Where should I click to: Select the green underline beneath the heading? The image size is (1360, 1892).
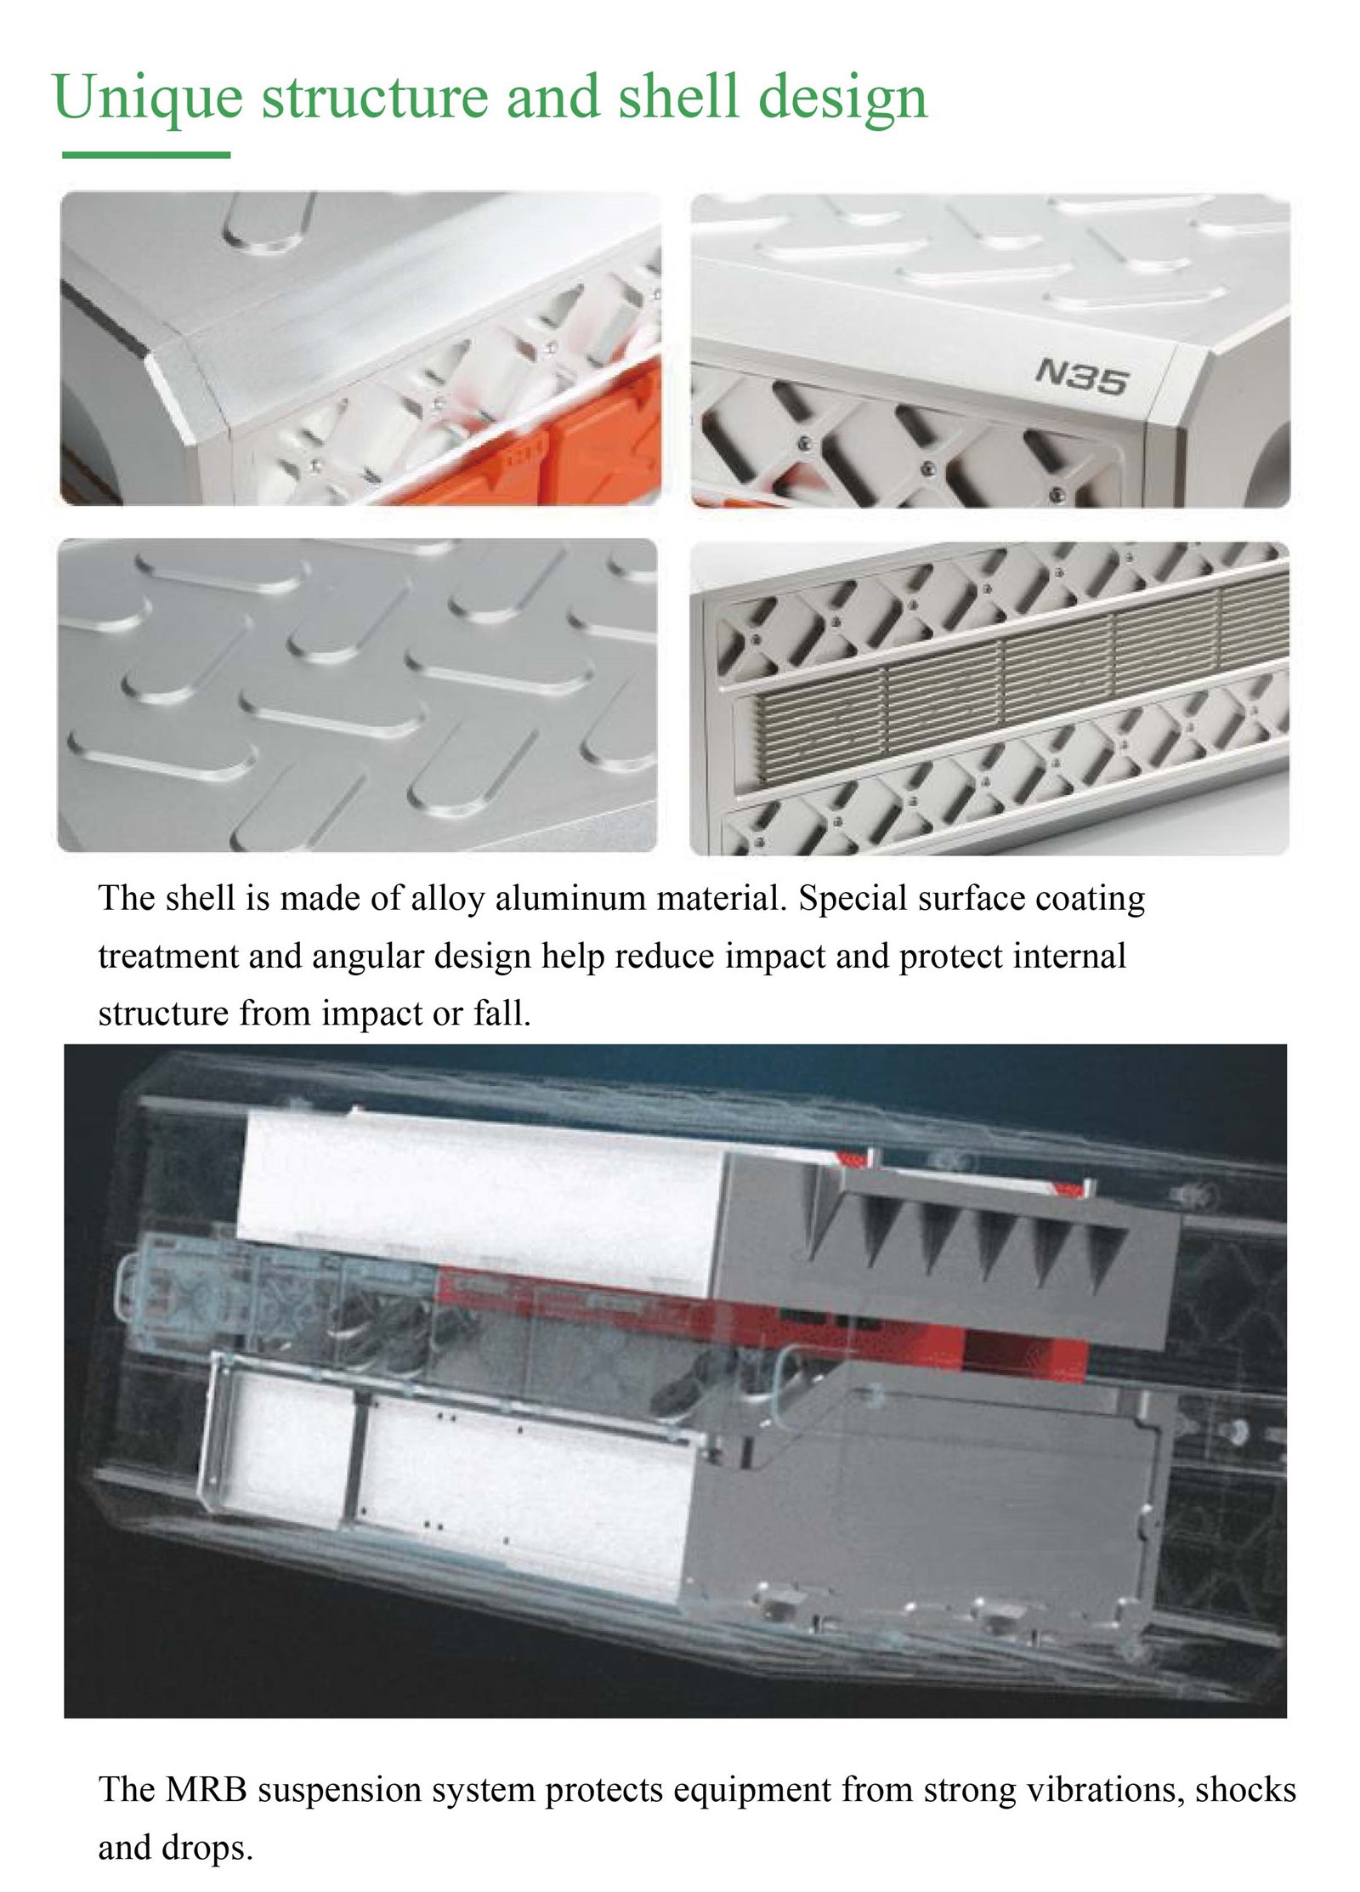pos(146,155)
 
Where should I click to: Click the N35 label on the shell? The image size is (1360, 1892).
pos(1081,376)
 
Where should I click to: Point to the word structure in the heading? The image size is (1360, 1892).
pos(374,97)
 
